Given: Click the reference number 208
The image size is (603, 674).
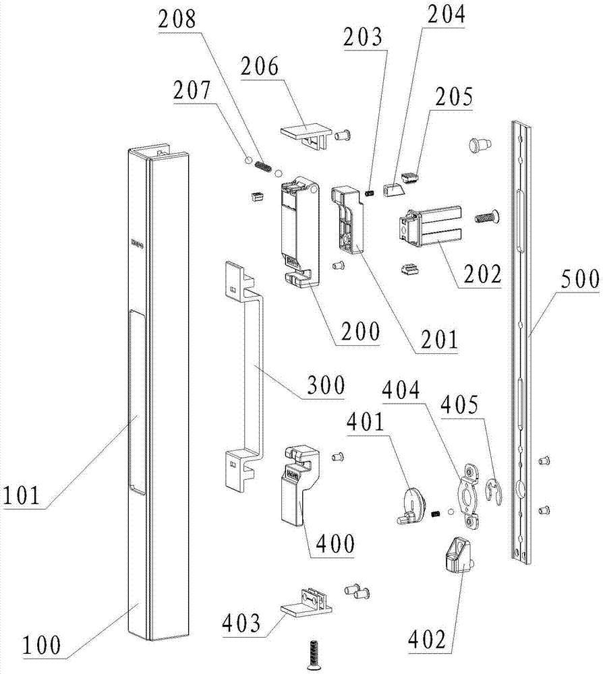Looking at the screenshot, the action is (x=177, y=20).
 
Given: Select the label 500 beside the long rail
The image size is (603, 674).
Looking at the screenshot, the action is (x=580, y=279).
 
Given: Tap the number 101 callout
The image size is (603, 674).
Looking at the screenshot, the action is (x=22, y=495).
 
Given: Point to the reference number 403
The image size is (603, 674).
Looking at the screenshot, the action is (x=241, y=623).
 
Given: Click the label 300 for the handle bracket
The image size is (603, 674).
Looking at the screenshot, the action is (x=326, y=385).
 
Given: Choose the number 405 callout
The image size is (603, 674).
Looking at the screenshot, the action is (x=460, y=404).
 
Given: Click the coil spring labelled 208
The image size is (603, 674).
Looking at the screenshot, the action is (x=262, y=166).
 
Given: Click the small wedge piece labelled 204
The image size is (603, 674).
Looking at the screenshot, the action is (x=393, y=189).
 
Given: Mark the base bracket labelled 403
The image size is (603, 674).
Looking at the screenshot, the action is (x=308, y=601).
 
